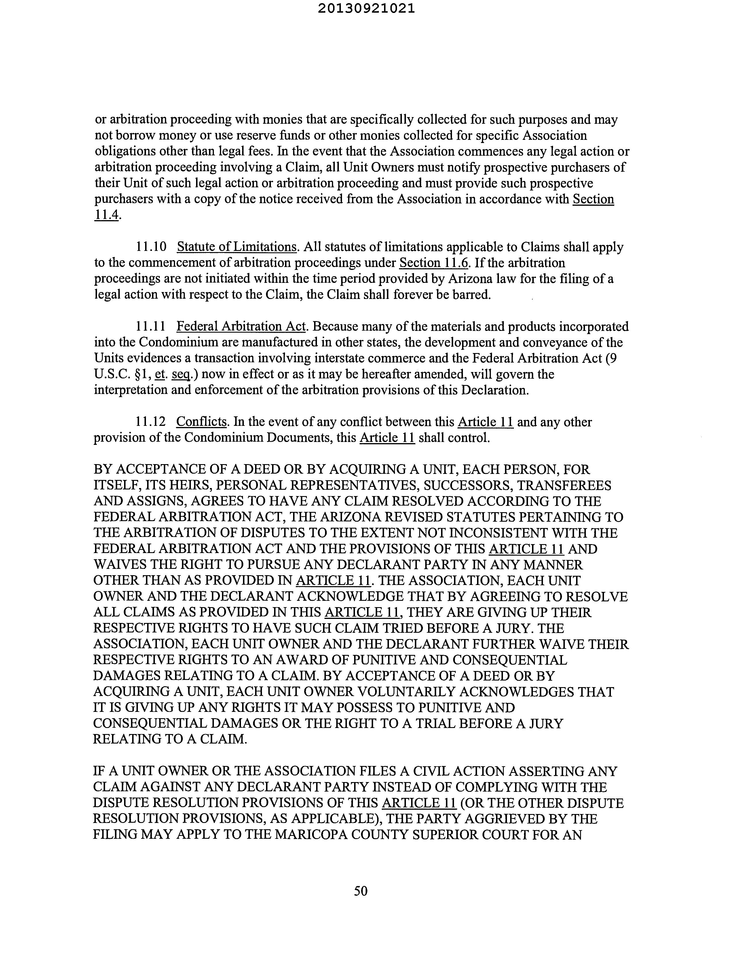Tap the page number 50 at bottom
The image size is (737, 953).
(x=361, y=891)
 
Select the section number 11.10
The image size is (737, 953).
(x=151, y=247)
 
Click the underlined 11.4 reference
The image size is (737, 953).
(x=107, y=215)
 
